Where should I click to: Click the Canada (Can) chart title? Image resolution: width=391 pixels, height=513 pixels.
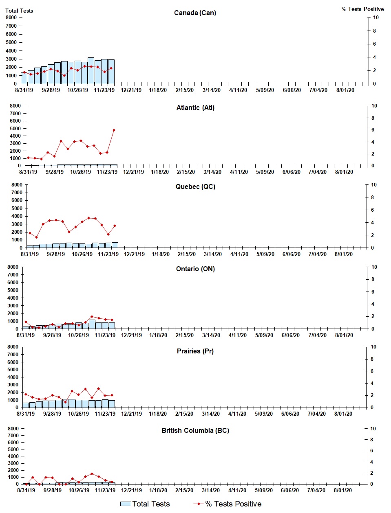point(195,13)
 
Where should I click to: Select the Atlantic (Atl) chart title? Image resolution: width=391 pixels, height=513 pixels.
point(195,107)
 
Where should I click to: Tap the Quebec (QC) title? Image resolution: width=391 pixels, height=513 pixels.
point(195,186)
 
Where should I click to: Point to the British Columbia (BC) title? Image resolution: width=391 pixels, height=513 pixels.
point(195,430)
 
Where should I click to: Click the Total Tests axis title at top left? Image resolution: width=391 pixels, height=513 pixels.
point(19,11)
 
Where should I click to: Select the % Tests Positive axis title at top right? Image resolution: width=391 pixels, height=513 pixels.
point(362,9)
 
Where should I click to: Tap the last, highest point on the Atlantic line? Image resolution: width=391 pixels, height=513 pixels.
point(114,130)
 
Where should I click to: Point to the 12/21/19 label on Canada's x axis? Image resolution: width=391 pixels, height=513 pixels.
point(131,90)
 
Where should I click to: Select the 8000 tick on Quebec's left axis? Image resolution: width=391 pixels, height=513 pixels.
point(16,185)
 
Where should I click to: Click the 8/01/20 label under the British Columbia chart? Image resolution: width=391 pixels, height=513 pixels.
point(343,490)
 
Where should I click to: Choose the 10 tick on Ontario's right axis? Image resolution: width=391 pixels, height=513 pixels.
point(374,267)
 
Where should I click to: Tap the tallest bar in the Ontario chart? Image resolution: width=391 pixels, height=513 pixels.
point(92,324)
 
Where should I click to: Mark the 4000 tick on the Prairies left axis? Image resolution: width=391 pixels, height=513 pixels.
point(13,377)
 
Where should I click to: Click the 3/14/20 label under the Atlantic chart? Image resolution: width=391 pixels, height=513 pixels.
point(212,172)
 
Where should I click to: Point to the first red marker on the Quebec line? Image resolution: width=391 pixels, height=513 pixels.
point(30,233)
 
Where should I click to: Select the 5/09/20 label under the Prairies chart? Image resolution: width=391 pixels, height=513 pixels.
point(264,414)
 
